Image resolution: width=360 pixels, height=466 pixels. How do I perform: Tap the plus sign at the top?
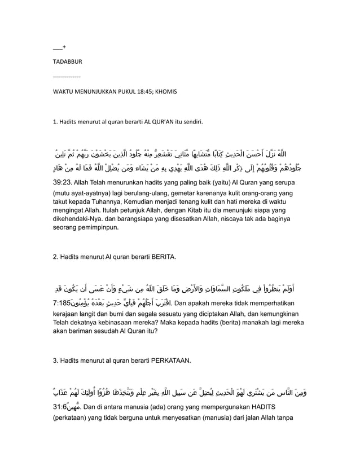point(64,46)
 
